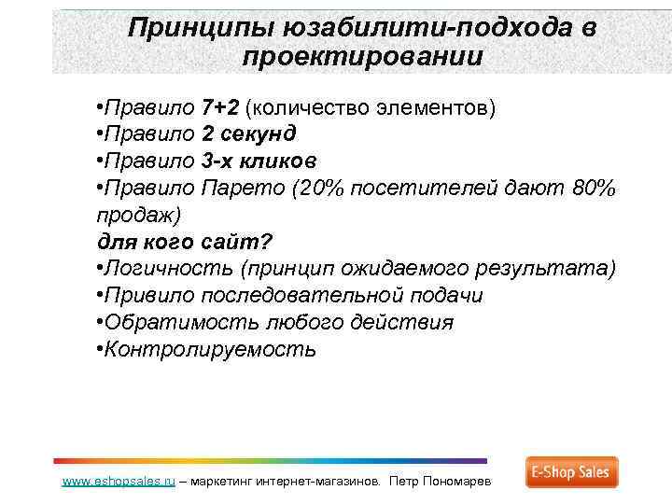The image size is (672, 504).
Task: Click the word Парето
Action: [244, 188]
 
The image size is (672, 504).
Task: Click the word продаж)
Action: [141, 215]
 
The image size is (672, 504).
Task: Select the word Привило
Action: [149, 296]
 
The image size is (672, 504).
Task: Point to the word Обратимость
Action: [161, 323]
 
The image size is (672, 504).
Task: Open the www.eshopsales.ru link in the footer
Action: [119, 483]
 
